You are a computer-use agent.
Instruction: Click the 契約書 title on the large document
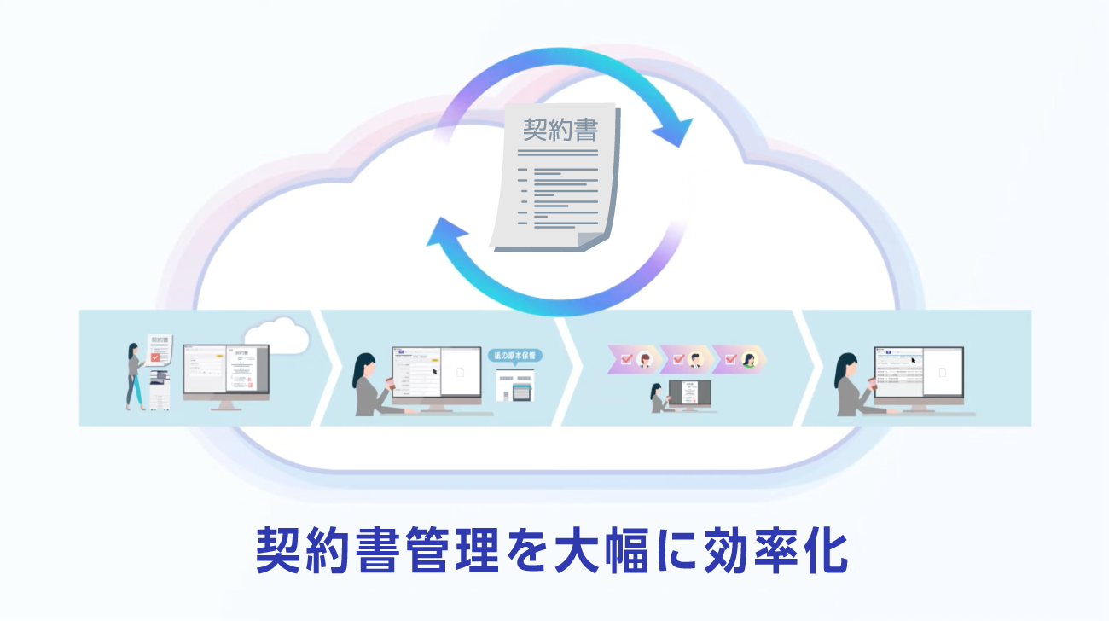(560, 131)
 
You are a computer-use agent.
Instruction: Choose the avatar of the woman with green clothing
(748, 359)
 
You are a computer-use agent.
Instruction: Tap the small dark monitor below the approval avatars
(688, 393)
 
